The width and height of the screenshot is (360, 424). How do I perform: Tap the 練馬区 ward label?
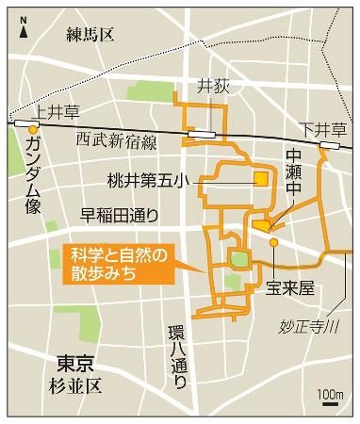90,35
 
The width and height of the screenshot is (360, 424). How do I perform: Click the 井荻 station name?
213,84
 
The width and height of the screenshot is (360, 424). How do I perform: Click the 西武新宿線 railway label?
117,139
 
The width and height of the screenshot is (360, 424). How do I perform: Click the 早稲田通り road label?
116,214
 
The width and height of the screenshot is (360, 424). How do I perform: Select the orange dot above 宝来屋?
273,242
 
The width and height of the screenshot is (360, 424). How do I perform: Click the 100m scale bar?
330,401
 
